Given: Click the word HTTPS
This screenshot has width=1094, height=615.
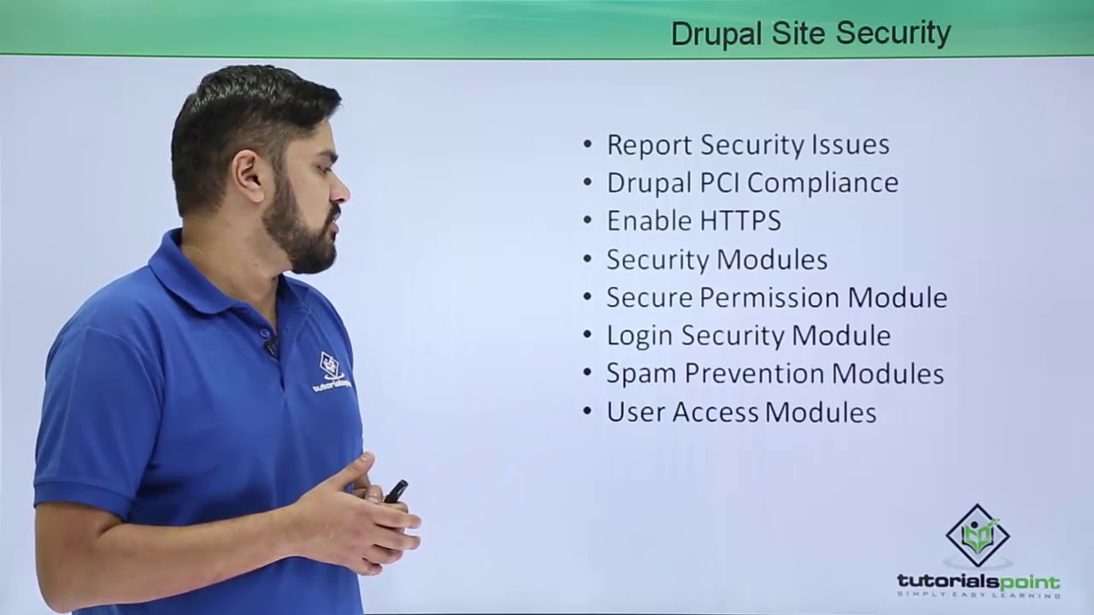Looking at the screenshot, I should pos(740,221).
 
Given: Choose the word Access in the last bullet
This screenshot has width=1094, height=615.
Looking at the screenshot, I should pos(715,413).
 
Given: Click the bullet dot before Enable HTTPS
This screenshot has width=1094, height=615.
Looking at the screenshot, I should pos(587,220).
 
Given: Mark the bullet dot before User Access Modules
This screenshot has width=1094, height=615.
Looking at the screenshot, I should pos(587,412).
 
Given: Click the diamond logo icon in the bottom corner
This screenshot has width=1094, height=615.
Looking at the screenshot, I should pos(978,535).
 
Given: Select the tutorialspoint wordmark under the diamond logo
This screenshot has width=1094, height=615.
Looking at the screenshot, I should pos(978,583).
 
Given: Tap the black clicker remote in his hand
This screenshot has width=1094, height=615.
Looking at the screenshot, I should pos(395,491).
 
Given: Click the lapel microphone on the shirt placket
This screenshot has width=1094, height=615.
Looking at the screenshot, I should pos(271,347).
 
